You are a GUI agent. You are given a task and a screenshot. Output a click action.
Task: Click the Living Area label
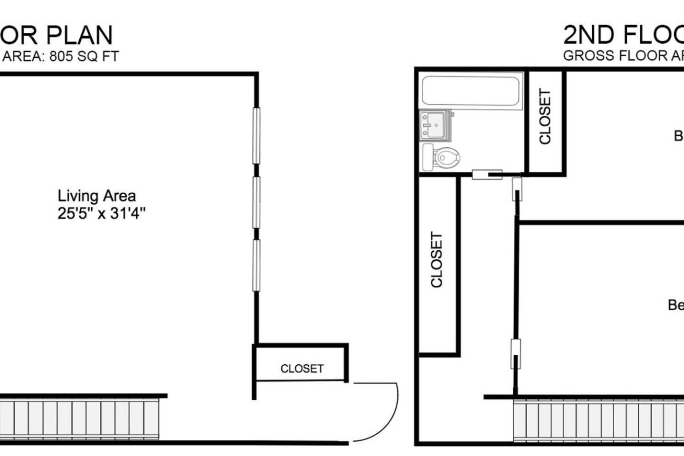(96, 196)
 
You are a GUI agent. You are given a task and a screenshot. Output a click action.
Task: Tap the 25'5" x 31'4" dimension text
(101, 214)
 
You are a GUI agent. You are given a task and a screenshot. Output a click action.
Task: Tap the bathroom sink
(433, 125)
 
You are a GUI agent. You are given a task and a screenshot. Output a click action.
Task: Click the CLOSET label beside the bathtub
(545, 116)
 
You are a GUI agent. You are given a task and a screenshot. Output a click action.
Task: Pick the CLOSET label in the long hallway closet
(437, 259)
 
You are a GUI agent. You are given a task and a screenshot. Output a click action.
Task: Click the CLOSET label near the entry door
(302, 369)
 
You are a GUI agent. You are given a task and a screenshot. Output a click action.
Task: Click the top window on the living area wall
(256, 136)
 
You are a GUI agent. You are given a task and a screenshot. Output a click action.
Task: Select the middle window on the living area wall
(256, 202)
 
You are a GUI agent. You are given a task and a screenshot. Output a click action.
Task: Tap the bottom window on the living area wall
(256, 265)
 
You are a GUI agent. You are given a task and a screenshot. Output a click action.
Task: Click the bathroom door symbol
(487, 175)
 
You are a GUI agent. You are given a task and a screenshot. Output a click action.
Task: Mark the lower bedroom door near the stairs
(515, 354)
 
